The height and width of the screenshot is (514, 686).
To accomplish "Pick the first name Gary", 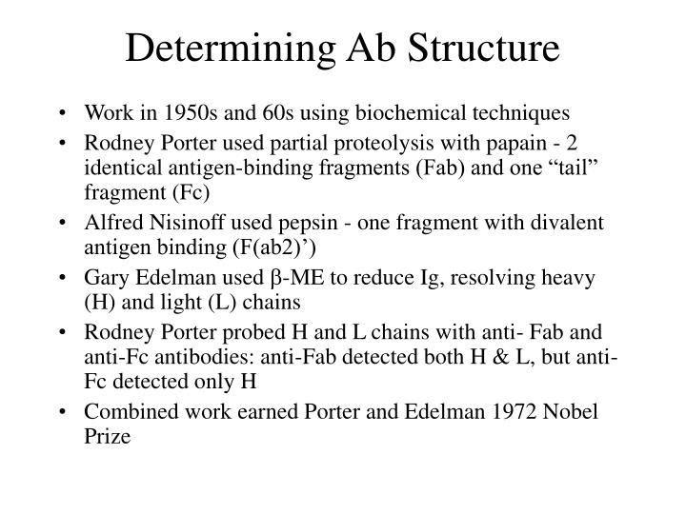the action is [x=104, y=280].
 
